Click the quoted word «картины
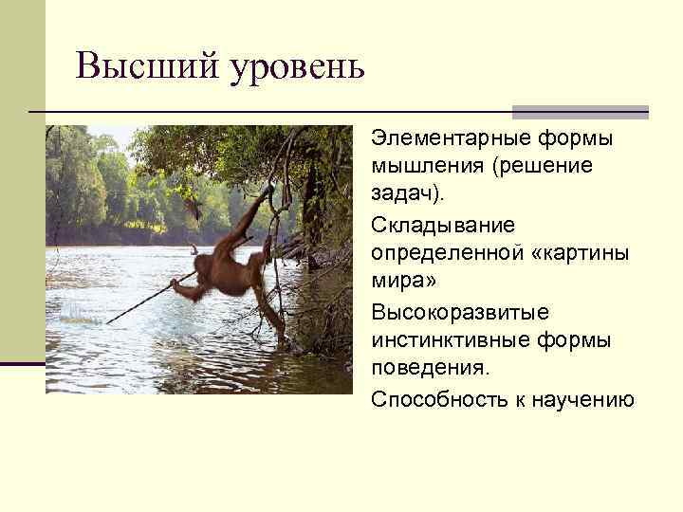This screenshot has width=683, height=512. click(568, 254)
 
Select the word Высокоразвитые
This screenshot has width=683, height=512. click(460, 312)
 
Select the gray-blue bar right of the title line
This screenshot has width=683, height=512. click(580, 112)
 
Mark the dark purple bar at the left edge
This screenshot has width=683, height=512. click(22, 363)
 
